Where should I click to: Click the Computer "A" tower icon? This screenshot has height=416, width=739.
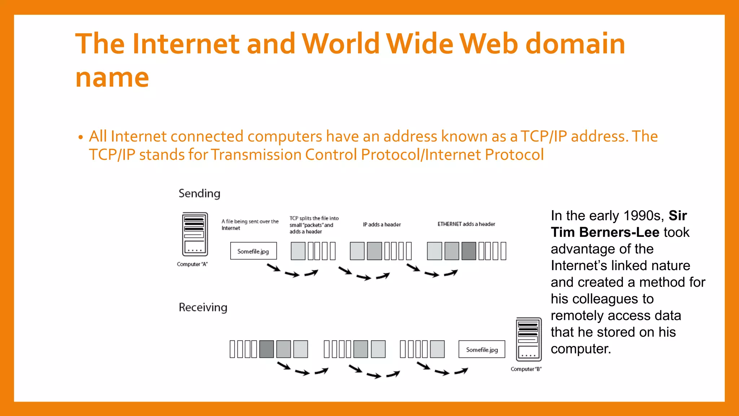pos(195,234)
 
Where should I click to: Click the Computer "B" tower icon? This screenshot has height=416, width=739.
pos(529,339)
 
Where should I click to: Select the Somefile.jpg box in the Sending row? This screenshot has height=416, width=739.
pos(253,251)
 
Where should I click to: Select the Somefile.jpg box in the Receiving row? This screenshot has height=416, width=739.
pos(482,349)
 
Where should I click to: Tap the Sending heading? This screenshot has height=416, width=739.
pos(199,194)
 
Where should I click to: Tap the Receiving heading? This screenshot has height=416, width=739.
pos(203,307)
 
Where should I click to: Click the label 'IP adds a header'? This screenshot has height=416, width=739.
pos(382,224)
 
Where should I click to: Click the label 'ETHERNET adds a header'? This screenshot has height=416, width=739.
pos(466,224)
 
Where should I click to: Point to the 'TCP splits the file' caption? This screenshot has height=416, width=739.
pos(314,225)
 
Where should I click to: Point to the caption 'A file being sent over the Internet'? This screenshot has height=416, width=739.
pos(250,225)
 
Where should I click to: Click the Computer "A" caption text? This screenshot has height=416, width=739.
pos(192,264)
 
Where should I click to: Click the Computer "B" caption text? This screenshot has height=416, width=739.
pos(526,369)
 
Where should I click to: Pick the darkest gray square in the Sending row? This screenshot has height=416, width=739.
pos(469,251)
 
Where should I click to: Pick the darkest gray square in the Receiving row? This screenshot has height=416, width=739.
pos(266,349)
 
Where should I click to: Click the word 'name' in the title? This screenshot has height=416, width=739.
pos(112,77)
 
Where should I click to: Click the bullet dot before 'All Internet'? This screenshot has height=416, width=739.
pos(80,137)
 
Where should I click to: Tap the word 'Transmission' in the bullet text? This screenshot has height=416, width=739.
pos(256,155)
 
